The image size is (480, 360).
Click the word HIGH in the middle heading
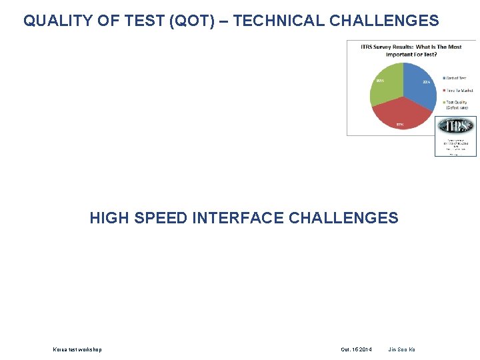pos(109,218)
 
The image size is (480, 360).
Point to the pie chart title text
pos(411,50)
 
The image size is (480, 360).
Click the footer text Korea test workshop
pos(77,349)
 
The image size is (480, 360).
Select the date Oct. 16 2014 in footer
pos(357,349)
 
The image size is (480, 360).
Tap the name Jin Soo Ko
pos(401,349)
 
